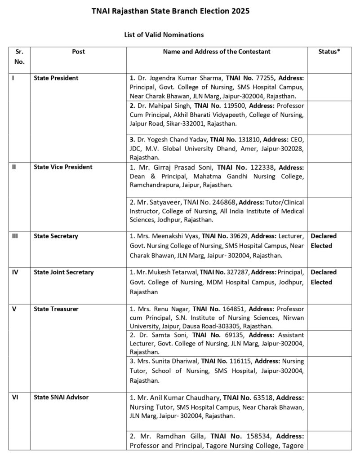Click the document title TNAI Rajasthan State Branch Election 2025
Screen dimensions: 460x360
point(180,10)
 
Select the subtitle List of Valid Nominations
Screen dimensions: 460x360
point(164,34)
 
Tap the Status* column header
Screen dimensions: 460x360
point(329,52)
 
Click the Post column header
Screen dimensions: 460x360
point(78,52)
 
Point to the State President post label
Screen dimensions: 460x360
point(56,78)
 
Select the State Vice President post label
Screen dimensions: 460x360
point(63,167)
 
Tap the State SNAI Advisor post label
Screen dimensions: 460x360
point(61,397)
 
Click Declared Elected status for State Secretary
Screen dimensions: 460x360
point(323,241)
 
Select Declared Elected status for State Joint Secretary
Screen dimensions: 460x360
point(323,277)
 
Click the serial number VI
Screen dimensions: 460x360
point(15,397)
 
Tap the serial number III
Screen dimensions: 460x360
point(15,236)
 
